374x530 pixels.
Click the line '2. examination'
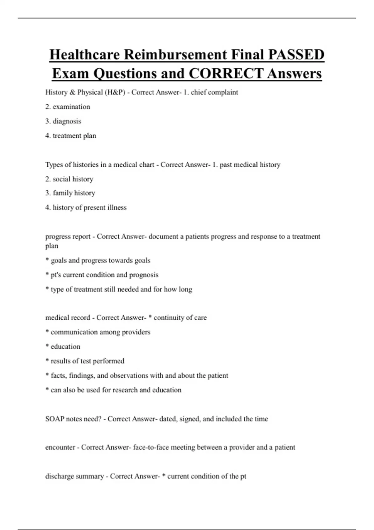click(68, 107)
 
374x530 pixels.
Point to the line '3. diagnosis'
click(63, 121)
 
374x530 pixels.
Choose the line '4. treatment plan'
click(71, 136)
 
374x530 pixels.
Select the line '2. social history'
click(69, 179)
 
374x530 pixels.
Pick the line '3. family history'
click(70, 193)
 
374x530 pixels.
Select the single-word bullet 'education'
click(65, 346)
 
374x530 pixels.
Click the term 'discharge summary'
click(74, 476)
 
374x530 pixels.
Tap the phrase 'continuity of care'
click(180, 318)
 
